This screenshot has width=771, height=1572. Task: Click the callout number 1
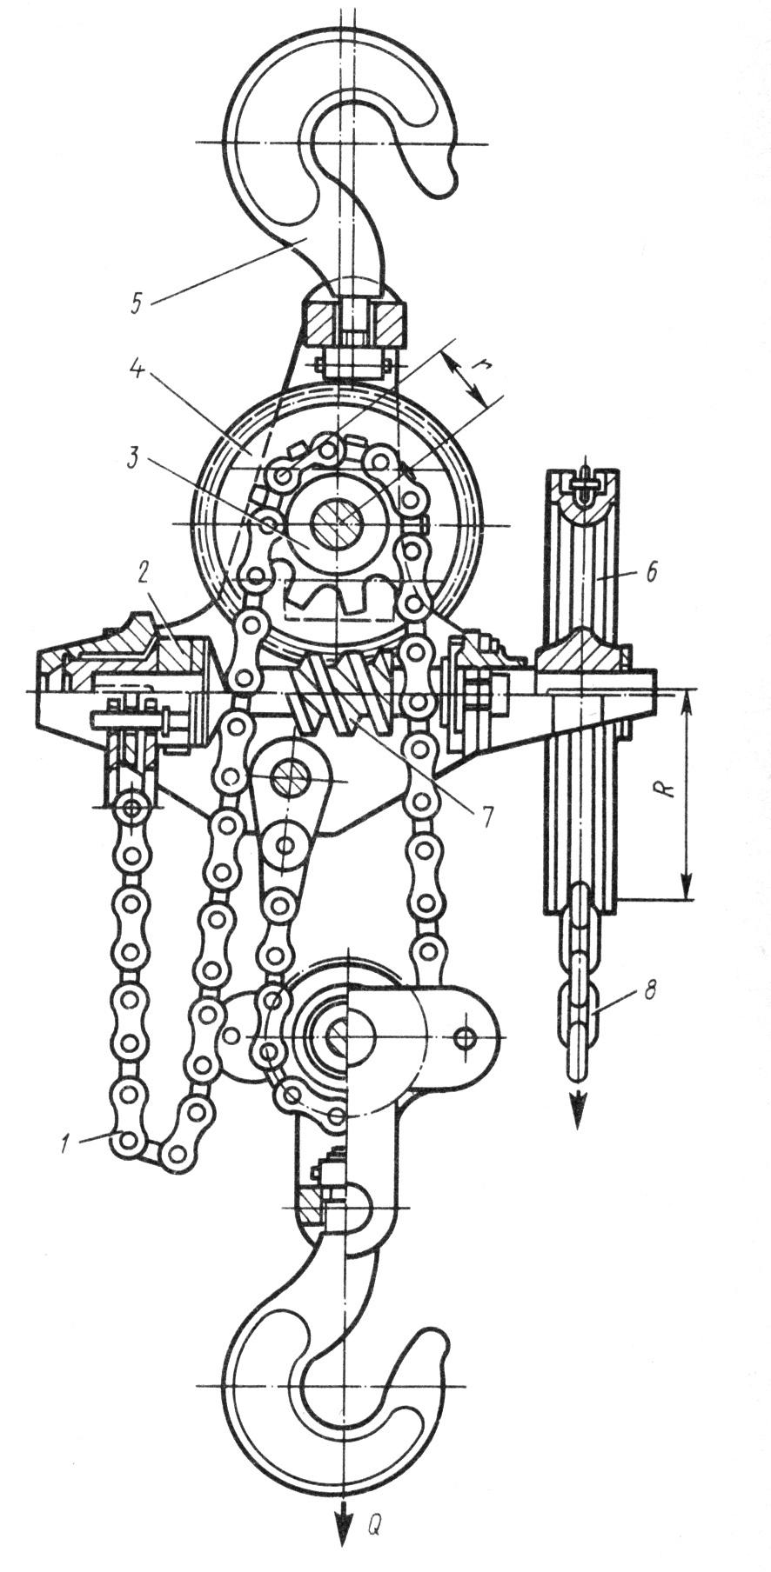65,1142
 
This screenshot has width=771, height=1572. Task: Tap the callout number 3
131,459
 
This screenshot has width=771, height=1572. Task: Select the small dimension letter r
477,368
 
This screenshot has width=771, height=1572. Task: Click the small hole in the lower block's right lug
466,1036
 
